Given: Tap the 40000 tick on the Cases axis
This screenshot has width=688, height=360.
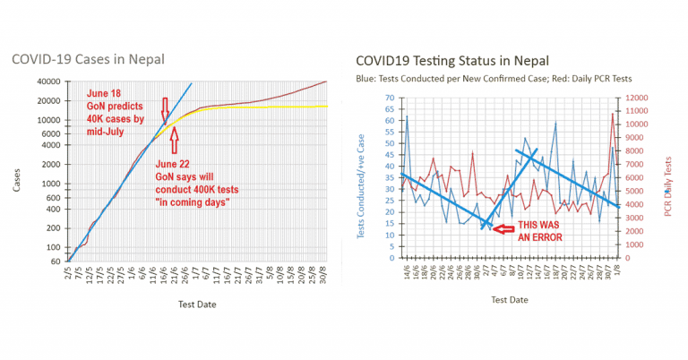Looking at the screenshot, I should tap(48, 82).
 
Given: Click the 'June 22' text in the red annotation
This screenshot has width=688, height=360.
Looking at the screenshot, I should tap(173, 165).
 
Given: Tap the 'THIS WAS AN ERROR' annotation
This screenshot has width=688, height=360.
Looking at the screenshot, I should tap(542, 230).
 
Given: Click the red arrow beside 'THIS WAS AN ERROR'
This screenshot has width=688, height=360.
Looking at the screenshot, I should tap(503, 230).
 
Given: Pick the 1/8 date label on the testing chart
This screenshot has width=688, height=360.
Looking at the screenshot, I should tap(617, 270).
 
